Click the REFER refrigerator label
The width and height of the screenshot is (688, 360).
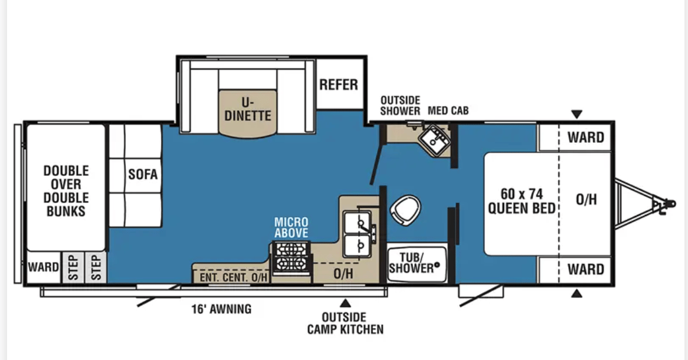pyautogui.click(x=339, y=84)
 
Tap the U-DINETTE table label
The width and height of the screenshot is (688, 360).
pyautogui.click(x=248, y=108)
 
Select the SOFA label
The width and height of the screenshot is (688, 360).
pyautogui.click(x=143, y=175)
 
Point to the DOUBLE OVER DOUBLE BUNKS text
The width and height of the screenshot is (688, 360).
pyautogui.click(x=66, y=191)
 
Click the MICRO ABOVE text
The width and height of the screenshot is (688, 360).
pyautogui.click(x=291, y=227)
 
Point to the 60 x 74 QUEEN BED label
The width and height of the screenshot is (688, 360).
pyautogui.click(x=522, y=201)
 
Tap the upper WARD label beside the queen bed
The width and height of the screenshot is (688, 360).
pyautogui.click(x=585, y=138)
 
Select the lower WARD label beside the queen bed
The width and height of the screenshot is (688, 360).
pyautogui.click(x=585, y=270)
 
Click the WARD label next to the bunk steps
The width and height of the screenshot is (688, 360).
pyautogui.click(x=44, y=267)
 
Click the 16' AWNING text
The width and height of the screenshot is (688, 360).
pyautogui.click(x=221, y=309)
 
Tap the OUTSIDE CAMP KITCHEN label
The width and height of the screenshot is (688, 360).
pyautogui.click(x=345, y=323)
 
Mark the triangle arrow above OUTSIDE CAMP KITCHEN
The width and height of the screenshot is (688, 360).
pyautogui.click(x=345, y=303)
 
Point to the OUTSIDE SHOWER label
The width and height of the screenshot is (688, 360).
pyautogui.click(x=400, y=106)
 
